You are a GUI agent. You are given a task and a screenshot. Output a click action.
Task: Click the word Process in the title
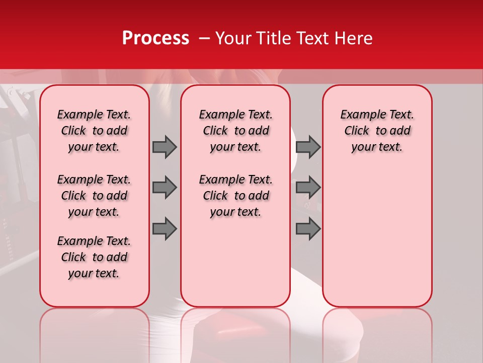click(155, 38)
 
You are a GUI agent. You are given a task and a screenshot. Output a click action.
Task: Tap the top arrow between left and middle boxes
click(165, 147)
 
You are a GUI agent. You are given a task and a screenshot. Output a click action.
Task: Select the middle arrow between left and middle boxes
click(165, 188)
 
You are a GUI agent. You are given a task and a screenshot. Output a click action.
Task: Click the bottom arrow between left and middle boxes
click(165, 229)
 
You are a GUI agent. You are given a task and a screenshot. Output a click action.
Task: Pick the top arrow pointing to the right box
click(308, 147)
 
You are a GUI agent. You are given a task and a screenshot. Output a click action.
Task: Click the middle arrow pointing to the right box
click(308, 188)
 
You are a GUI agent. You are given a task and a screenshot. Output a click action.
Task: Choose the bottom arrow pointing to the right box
click(308, 229)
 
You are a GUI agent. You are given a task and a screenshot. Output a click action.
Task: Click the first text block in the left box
click(94, 131)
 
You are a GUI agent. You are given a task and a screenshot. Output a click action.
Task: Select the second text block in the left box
click(94, 196)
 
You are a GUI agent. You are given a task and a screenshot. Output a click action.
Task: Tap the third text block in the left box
click(94, 257)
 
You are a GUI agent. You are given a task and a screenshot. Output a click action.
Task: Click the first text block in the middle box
click(236, 131)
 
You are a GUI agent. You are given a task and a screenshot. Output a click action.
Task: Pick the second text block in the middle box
click(236, 196)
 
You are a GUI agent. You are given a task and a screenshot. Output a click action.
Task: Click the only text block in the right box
click(377, 131)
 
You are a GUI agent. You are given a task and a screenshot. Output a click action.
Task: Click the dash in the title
click(204, 38)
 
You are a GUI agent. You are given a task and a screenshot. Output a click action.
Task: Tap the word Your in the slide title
click(233, 38)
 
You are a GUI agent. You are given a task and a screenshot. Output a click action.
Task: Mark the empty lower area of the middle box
click(235, 262)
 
